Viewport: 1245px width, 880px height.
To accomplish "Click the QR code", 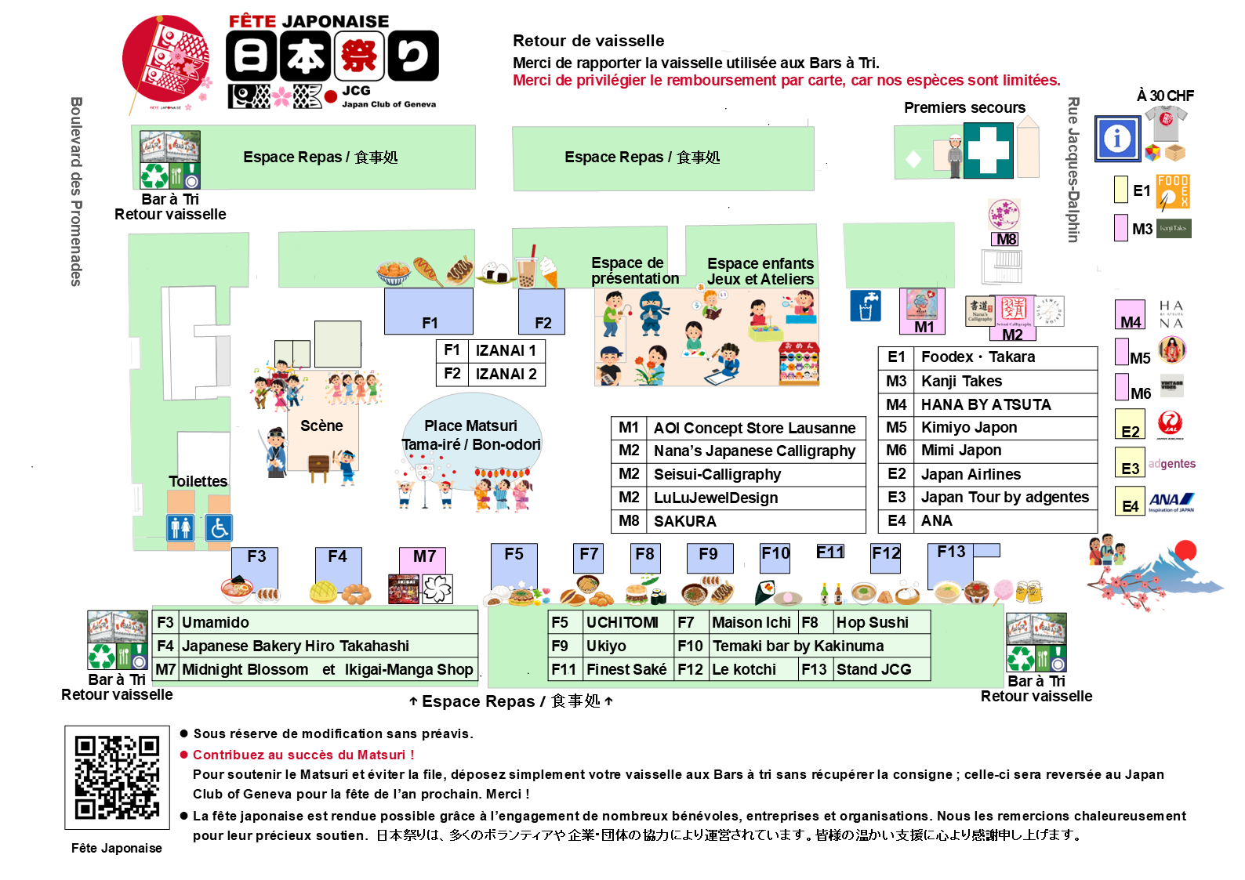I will point(117,777).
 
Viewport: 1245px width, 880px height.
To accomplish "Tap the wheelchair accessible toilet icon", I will point(219,527).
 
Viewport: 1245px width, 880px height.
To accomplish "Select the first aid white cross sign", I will point(988,150).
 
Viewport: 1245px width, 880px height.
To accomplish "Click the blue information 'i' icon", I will point(1117,139).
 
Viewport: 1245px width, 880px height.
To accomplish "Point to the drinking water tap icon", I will point(866,306).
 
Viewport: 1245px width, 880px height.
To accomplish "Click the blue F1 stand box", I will point(428,311).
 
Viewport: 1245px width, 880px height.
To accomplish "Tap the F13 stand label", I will point(951,552).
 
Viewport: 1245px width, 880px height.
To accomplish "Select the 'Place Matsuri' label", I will point(470,426).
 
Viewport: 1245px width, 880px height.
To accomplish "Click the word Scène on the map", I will point(321,426).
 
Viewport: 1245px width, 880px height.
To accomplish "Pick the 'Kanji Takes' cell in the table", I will point(961,382).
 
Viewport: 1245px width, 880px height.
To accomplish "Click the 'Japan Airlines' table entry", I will point(971,474).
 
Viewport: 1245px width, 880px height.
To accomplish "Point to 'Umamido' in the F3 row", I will point(216,622).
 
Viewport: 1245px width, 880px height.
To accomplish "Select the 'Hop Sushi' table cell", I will point(872,622).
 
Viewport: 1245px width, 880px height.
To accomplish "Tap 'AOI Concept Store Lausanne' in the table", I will point(754,428).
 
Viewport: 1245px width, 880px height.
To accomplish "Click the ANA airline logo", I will point(1171,501).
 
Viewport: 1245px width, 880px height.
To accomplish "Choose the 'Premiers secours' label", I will point(964,108).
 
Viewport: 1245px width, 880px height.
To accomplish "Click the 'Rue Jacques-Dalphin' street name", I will point(1073,169).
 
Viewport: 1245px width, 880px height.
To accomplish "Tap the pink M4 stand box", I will point(1130,315).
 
